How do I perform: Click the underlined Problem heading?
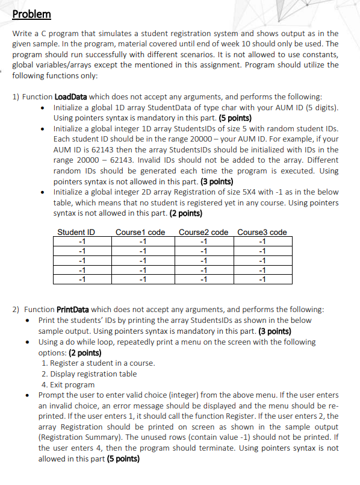click(x=32, y=14)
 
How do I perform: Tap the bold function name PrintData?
click(x=73, y=309)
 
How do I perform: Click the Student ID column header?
click(x=76, y=233)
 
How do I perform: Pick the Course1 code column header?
click(x=140, y=233)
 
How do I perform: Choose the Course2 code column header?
click(x=203, y=233)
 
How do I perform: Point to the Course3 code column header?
click(x=262, y=233)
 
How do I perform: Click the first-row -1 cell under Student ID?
click(x=82, y=242)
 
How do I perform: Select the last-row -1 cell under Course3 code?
click(x=261, y=278)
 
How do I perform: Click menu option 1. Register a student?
click(x=98, y=363)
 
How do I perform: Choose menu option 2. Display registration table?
click(x=89, y=374)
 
